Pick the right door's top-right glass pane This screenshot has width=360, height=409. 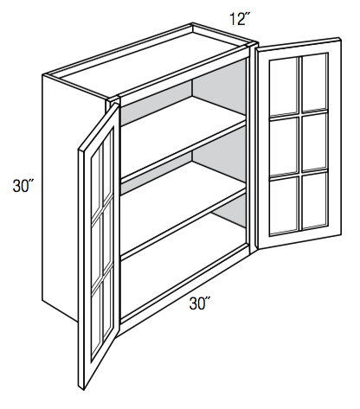(314, 82)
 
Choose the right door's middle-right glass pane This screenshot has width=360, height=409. (314, 141)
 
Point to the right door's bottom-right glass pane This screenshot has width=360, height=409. (315, 199)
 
